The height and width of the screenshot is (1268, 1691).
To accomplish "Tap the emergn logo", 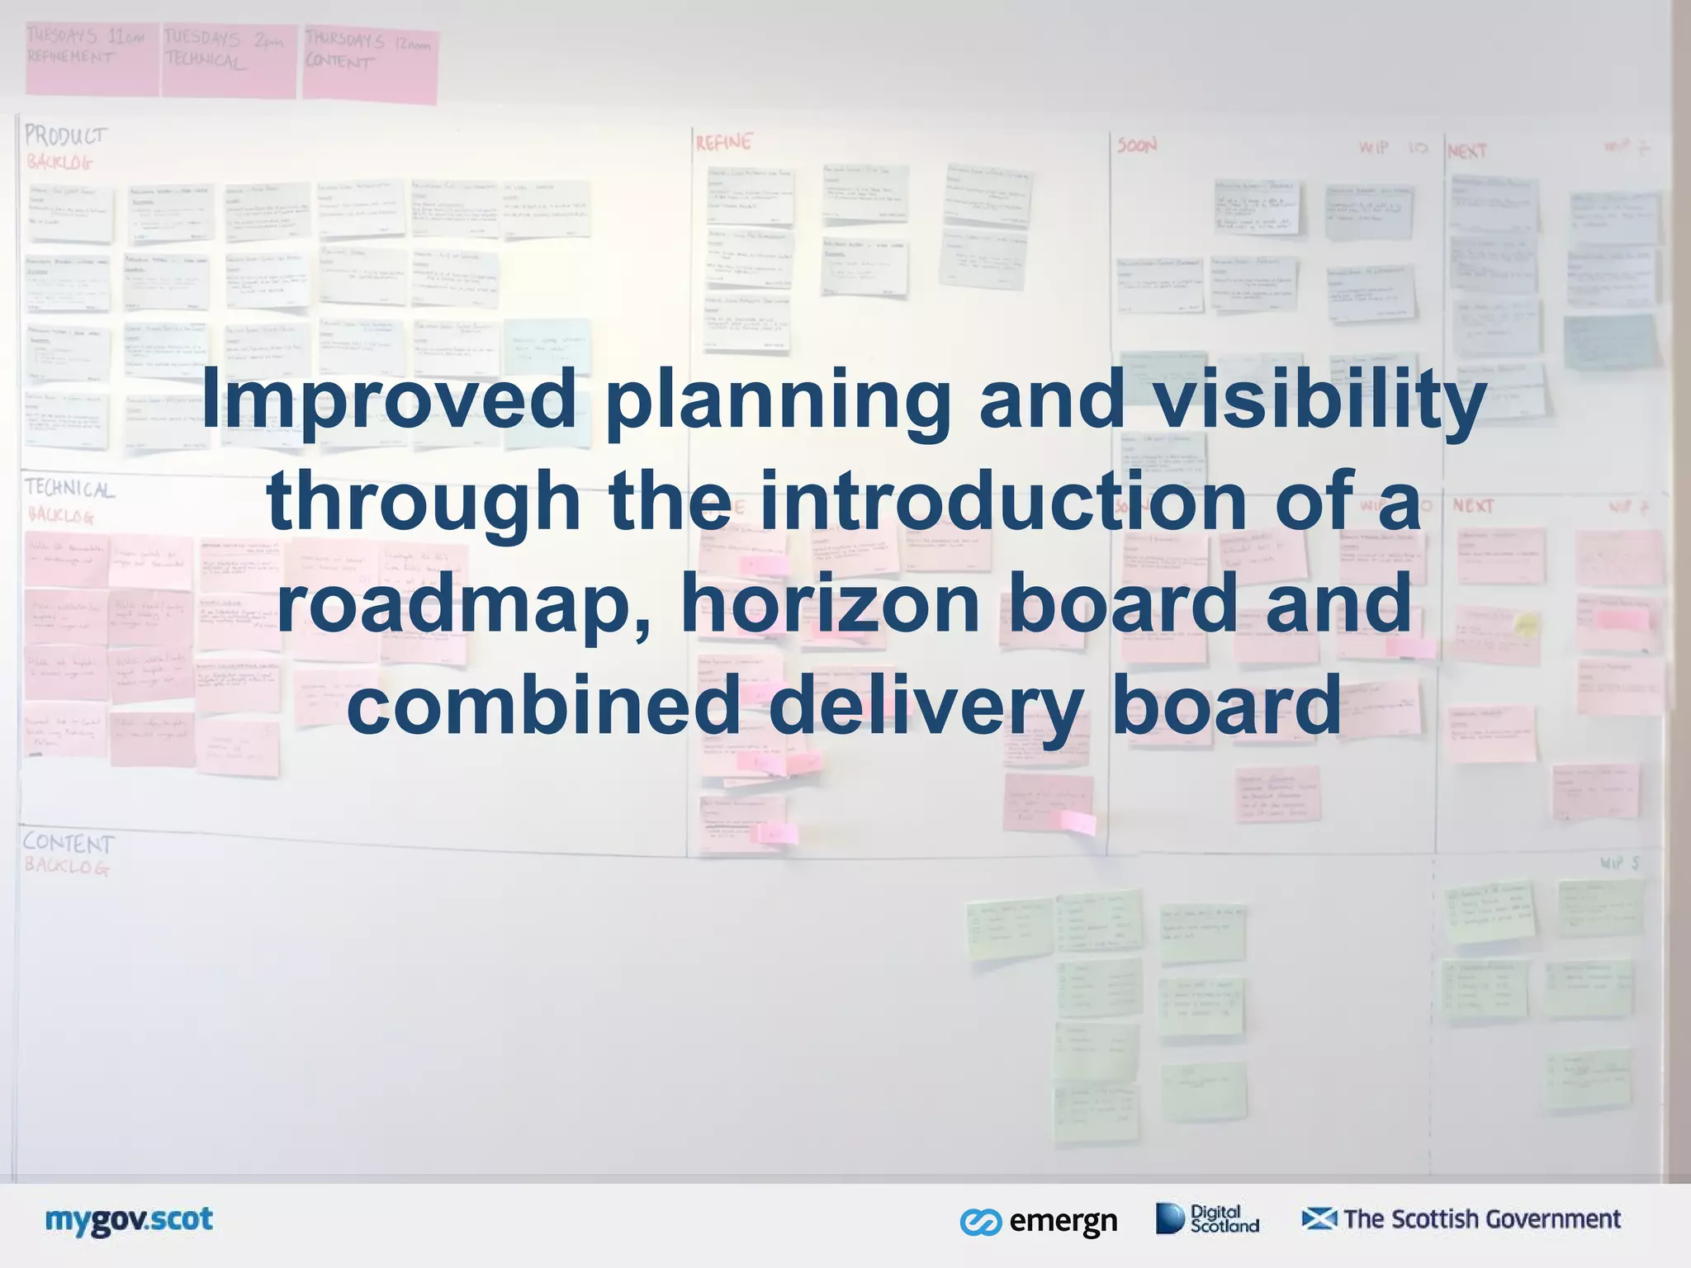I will [x=1039, y=1221].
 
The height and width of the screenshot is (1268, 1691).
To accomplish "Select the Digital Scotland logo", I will [x=1207, y=1218].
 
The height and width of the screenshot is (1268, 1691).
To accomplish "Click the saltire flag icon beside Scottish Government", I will [x=1319, y=1218].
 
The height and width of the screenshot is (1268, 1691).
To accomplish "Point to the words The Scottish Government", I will [x=1482, y=1218].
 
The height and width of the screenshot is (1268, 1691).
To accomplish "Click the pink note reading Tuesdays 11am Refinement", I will [x=91, y=58].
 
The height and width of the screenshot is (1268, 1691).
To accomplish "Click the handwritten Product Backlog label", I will [x=64, y=147].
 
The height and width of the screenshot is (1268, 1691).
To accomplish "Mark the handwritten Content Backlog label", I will [x=68, y=853].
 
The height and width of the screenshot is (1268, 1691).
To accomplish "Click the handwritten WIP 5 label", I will [x=1619, y=863].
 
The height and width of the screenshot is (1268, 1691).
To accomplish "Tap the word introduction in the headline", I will [x=1002, y=500].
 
